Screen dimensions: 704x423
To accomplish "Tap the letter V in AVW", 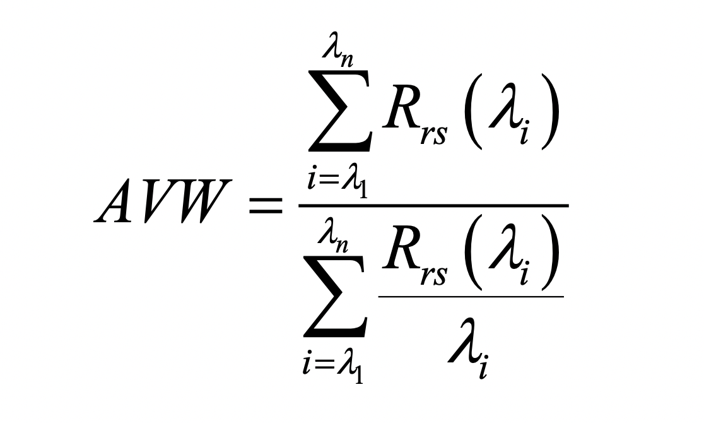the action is pyautogui.click(x=161, y=201).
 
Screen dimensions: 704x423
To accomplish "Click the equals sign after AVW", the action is pyautogui.click(x=266, y=205).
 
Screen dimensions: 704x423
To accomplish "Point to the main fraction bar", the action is pyautogui.click(x=434, y=205).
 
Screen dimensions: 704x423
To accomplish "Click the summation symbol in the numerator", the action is pyautogui.click(x=339, y=110).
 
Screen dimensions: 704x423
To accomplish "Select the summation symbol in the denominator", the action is pyautogui.click(x=335, y=297).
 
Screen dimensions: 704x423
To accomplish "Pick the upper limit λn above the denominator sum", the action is pyautogui.click(x=333, y=237).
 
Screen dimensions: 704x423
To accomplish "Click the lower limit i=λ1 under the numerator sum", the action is pyautogui.click(x=337, y=182).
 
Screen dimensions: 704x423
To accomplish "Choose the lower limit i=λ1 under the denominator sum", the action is pyautogui.click(x=333, y=369).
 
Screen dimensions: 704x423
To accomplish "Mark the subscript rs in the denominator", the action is pyautogui.click(x=434, y=273).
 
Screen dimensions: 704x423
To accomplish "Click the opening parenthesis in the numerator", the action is pyautogui.click(x=473, y=111).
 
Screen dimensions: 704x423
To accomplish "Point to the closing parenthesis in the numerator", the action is pyautogui.click(x=551, y=111).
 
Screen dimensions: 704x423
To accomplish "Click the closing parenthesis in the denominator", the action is pyautogui.click(x=551, y=252).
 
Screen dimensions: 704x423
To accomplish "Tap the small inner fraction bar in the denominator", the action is pyautogui.click(x=471, y=297).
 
